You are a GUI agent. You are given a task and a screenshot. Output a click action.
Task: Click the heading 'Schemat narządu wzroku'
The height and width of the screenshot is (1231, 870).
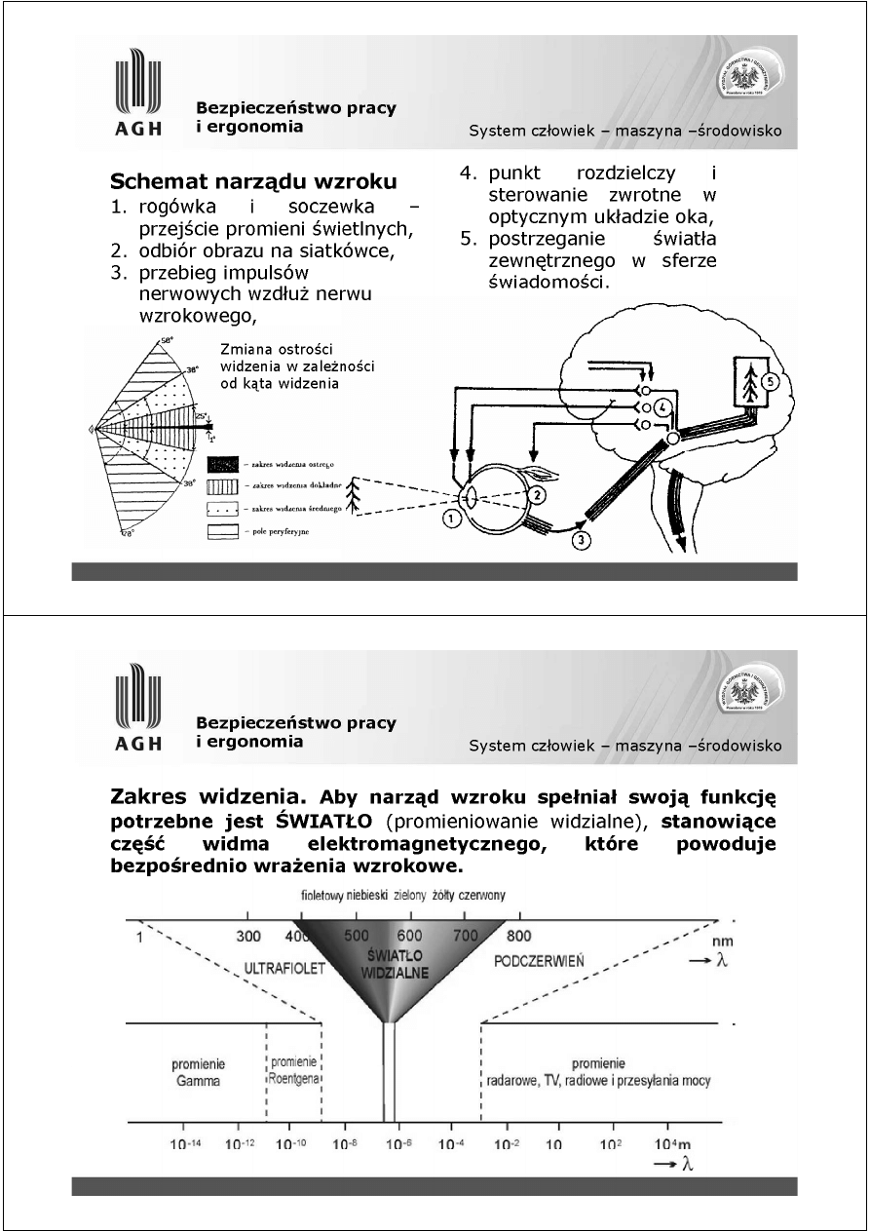(x=253, y=181)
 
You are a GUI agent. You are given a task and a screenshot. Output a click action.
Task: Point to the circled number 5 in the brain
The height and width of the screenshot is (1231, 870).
(x=769, y=382)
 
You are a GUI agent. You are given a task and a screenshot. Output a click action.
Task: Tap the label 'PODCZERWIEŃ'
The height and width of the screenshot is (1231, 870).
(x=539, y=960)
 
